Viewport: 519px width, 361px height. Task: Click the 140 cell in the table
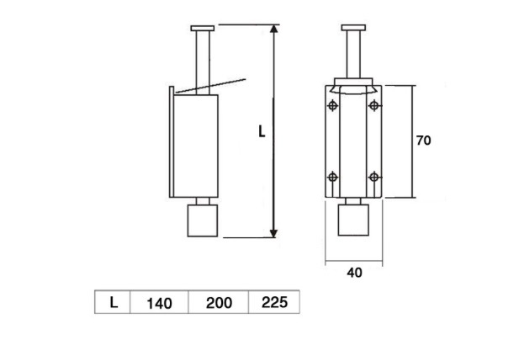[159, 302]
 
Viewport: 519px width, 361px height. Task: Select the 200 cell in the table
[219, 302]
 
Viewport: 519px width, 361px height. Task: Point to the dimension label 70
[423, 141]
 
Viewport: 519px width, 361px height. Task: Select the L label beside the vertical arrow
[262, 132]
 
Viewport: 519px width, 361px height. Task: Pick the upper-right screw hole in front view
[373, 105]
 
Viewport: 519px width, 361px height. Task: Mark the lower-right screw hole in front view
[373, 177]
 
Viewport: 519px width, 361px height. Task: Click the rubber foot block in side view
[203, 221]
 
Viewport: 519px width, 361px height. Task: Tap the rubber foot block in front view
[353, 221]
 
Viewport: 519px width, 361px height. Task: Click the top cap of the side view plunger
[203, 28]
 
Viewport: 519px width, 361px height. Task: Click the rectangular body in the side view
[196, 145]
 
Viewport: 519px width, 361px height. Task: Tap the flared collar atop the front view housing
[353, 86]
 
